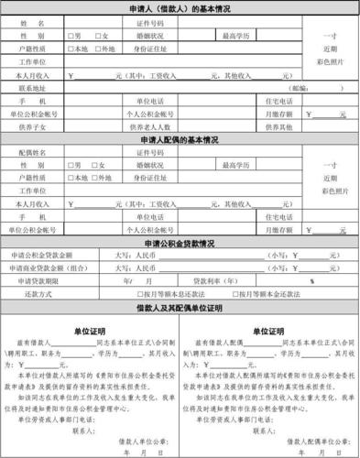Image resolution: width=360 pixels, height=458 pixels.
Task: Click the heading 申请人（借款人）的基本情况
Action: (179, 7)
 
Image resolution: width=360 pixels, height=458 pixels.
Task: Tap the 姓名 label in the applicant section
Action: (38, 22)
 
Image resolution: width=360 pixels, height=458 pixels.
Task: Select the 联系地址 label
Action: (38, 87)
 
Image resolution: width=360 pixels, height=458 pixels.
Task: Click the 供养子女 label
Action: (38, 126)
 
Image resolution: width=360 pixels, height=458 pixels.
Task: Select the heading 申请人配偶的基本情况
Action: (179, 139)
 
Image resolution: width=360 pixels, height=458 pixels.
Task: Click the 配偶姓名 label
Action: (38, 152)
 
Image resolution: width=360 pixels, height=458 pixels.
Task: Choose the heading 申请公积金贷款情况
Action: (179, 243)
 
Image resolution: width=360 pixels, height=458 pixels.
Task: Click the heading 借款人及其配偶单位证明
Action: (179, 309)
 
